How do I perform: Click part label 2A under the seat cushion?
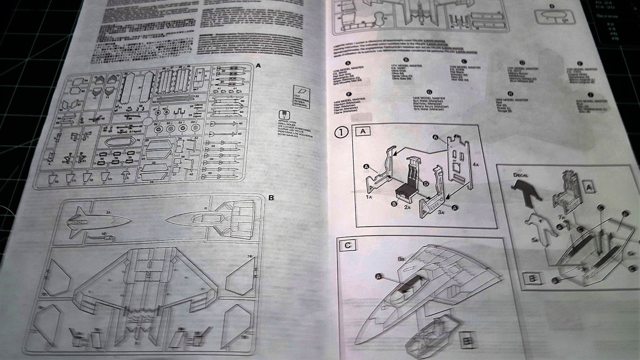[407, 207]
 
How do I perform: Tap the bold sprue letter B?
[271, 198]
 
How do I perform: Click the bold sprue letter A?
[258, 65]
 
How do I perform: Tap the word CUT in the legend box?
[296, 96]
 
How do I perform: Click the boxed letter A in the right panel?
[588, 187]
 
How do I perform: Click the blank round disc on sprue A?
[146, 122]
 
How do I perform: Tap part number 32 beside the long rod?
[197, 96]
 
